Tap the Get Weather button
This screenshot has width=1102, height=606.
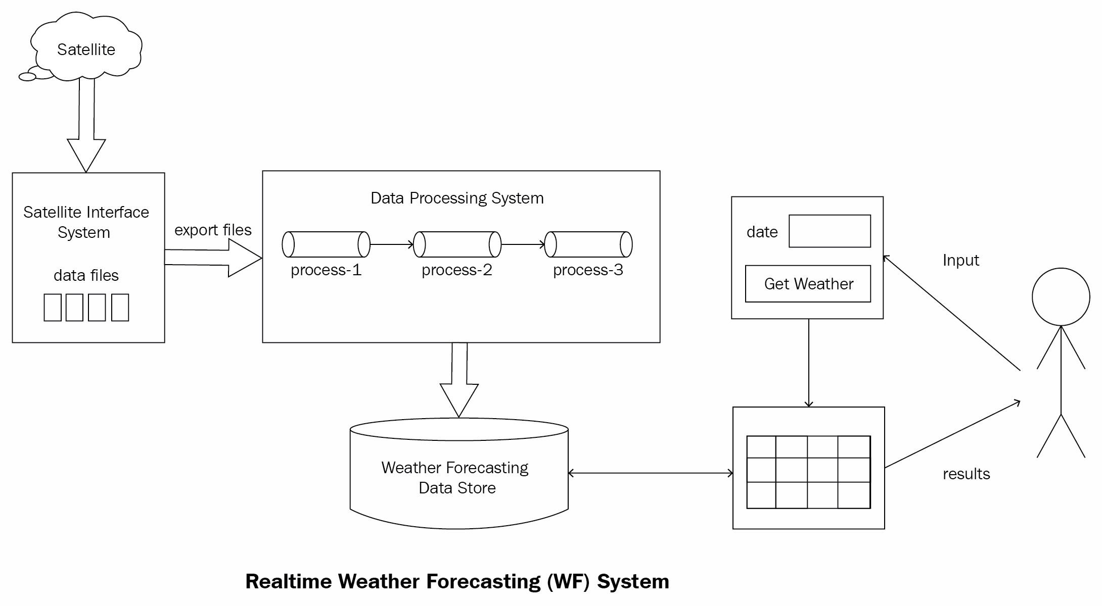pyautogui.click(x=808, y=284)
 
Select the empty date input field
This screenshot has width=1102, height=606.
pyautogui.click(x=830, y=231)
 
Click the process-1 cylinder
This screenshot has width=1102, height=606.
pyautogui.click(x=326, y=244)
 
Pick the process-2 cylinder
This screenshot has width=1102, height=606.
pyautogui.click(x=457, y=244)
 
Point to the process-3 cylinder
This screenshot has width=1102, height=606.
pyautogui.click(x=588, y=244)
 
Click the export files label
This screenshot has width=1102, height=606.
pyautogui.click(x=213, y=230)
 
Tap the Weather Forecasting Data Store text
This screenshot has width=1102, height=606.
pyautogui.click(x=455, y=477)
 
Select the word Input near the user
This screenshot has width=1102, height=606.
pyautogui.click(x=960, y=260)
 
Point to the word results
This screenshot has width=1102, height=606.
pyautogui.click(x=966, y=474)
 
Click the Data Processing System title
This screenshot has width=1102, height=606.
pyautogui.click(x=457, y=198)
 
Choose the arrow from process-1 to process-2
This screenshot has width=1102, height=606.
pyautogui.click(x=392, y=244)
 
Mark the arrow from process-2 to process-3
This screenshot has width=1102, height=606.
pyautogui.click(x=523, y=244)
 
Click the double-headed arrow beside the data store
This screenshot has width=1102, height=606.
pyautogui.click(x=651, y=473)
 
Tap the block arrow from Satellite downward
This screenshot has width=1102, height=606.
pyautogui.click(x=86, y=126)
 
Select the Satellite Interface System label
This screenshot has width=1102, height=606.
pyautogui.click(x=86, y=222)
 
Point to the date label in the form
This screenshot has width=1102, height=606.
pyautogui.click(x=762, y=232)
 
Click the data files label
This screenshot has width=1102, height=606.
pyautogui.click(x=86, y=275)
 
